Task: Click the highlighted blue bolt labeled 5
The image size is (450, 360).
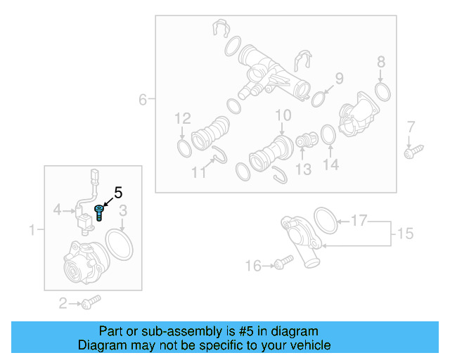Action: [98, 212]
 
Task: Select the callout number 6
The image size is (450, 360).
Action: [143, 100]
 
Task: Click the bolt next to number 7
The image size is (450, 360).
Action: [411, 151]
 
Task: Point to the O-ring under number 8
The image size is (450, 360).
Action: [382, 91]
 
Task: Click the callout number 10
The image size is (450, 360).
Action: [283, 115]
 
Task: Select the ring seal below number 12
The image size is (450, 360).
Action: [183, 148]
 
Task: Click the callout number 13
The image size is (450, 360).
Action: [303, 169]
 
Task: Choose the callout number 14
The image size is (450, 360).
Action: [330, 165]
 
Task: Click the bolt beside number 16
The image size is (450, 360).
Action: [285, 263]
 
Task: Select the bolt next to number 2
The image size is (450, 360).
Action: [90, 302]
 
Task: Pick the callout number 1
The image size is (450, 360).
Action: [32, 229]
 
